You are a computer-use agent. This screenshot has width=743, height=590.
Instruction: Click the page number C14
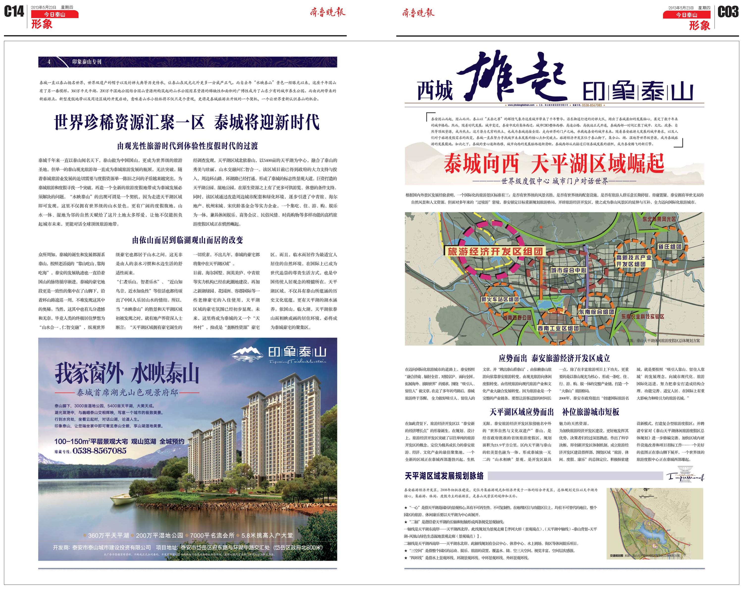tap(14, 12)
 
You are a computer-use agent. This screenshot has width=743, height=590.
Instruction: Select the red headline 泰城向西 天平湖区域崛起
tap(554, 164)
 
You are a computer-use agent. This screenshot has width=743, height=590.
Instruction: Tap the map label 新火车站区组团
tap(500, 299)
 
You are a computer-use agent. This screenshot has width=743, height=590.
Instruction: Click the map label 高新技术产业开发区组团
tap(634, 261)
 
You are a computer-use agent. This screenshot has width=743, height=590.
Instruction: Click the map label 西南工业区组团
tap(558, 328)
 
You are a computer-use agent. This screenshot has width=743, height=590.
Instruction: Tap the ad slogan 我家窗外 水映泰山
tap(127, 374)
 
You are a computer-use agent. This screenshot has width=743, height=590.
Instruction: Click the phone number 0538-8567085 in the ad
tap(99, 451)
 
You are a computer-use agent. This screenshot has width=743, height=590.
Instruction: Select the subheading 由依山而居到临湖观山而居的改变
tap(187, 240)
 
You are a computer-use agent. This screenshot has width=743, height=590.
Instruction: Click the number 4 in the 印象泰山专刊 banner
tap(49, 62)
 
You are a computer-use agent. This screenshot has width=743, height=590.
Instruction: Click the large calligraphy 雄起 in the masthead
tap(511, 77)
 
